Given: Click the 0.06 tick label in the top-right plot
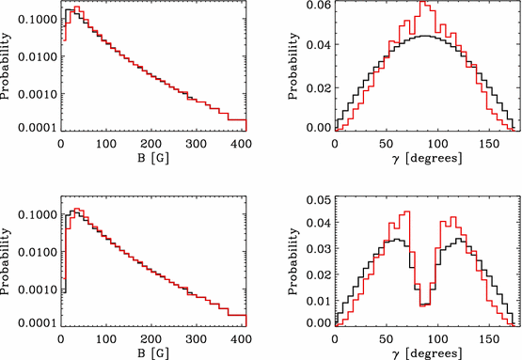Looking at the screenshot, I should pos(318,6).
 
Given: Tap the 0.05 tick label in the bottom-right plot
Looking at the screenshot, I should pos(318,200).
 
